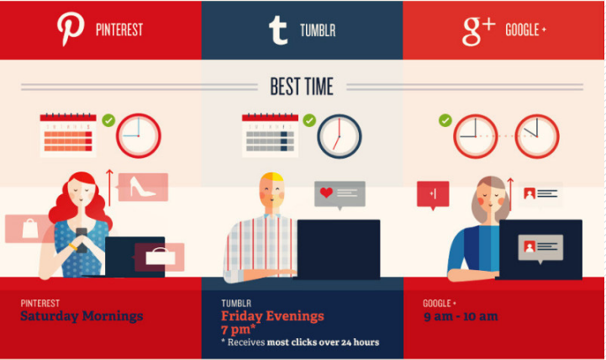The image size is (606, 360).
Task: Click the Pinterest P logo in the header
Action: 71,29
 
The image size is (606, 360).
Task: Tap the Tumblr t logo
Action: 278,30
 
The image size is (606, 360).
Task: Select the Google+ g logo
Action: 478,31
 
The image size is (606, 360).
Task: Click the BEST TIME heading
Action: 302,87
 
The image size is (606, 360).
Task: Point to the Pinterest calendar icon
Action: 68,135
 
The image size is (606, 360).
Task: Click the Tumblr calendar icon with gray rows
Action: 270,135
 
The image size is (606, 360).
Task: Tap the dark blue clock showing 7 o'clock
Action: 340,136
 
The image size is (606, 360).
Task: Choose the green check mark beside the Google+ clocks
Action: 445,120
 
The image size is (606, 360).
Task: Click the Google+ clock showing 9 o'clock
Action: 476,136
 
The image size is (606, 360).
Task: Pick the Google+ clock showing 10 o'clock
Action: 537,136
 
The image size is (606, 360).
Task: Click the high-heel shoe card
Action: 143,188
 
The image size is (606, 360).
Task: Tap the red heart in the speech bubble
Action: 326,192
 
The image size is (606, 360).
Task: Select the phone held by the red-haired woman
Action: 82,240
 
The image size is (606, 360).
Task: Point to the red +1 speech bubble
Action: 433,195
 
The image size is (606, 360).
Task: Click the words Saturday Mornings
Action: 82,316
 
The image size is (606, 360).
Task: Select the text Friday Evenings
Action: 272,316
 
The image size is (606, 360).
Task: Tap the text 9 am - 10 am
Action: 461,317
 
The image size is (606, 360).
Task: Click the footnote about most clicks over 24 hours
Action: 300,342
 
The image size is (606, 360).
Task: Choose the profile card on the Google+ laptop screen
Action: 540,247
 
